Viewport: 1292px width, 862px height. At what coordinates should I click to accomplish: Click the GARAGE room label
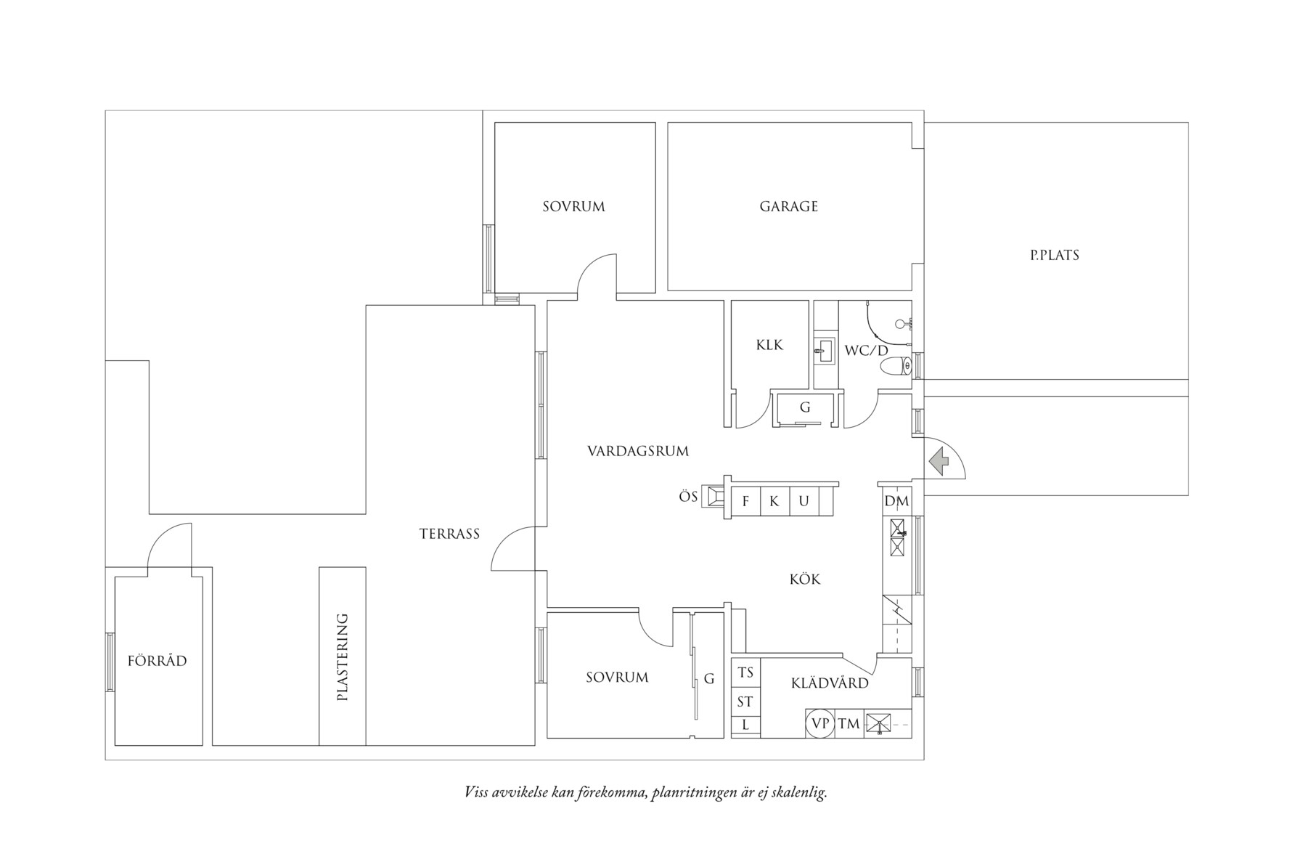[x=788, y=207]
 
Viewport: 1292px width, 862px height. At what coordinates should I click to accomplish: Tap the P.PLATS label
[x=1054, y=256]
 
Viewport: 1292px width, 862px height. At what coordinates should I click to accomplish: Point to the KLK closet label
[x=769, y=345]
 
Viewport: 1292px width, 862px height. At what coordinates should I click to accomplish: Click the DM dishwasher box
[x=896, y=502]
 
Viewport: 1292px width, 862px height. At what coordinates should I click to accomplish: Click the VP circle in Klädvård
[x=820, y=724]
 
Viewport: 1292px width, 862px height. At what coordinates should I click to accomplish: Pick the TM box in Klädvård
[x=849, y=724]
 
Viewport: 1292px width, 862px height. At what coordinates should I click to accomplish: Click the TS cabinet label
[x=745, y=673]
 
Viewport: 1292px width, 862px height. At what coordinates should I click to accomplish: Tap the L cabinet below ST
[x=745, y=725]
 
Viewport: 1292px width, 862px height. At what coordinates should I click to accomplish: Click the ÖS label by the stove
[x=688, y=497]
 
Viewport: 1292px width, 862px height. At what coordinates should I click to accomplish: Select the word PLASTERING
[x=343, y=657]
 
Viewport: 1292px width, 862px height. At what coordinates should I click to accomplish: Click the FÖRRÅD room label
[x=157, y=662]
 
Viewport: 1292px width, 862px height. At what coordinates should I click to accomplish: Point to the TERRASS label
[x=449, y=534]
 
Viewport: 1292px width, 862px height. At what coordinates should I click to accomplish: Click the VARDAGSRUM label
[x=637, y=452]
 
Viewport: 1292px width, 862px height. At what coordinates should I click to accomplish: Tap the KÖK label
[x=805, y=580]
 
